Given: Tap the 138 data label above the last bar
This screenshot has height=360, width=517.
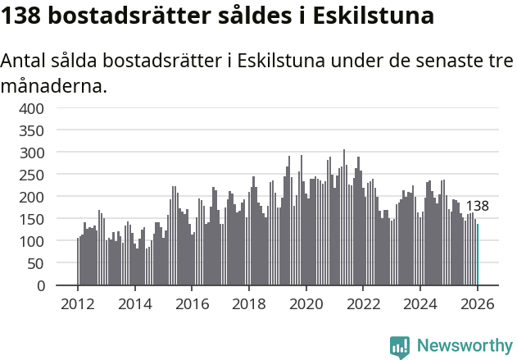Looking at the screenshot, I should [477, 207].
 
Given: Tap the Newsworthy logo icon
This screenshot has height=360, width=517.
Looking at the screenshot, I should [400, 347].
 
